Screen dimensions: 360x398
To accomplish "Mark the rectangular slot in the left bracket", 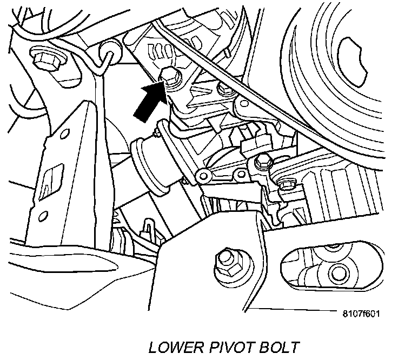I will (x=52, y=178).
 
